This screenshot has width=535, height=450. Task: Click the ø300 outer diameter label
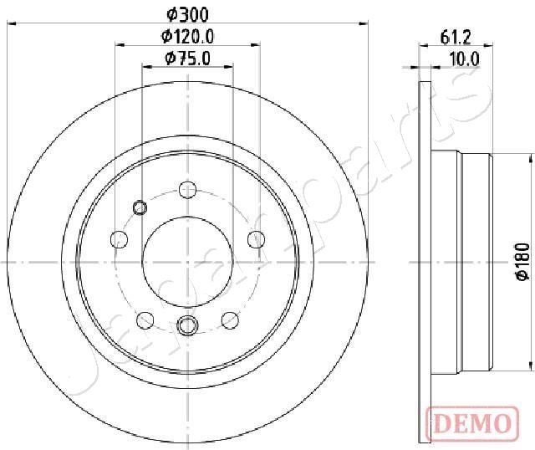click(x=187, y=15)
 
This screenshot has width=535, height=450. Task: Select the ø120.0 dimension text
click(x=187, y=37)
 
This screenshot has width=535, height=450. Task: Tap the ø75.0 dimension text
click(x=187, y=58)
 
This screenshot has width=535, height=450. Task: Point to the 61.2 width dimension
click(x=456, y=37)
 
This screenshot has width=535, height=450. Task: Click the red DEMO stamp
click(x=472, y=423)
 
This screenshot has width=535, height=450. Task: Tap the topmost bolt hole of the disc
click(x=187, y=190)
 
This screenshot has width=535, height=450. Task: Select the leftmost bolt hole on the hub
click(x=120, y=239)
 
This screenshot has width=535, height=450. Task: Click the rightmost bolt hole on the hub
click(x=256, y=239)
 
